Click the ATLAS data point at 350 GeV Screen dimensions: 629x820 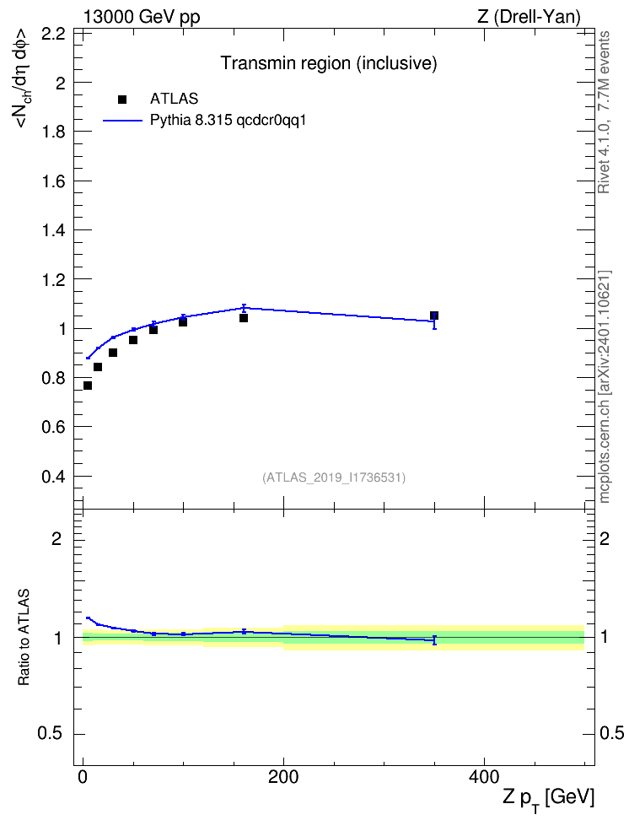point(434,316)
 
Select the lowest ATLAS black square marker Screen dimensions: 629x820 point(88,386)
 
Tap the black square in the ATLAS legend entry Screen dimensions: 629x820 point(122,99)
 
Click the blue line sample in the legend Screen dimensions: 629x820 point(122,121)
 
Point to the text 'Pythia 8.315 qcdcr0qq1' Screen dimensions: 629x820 point(228,121)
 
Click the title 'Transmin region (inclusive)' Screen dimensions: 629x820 point(329,62)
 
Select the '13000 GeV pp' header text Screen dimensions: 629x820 point(142,17)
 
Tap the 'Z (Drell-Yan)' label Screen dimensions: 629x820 point(529,17)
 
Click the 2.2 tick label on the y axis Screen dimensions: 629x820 point(53,34)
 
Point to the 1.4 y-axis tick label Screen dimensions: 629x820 point(53,230)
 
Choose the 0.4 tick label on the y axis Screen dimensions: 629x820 point(53,477)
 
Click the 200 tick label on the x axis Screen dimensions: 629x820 point(283,777)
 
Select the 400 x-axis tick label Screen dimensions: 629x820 point(484,777)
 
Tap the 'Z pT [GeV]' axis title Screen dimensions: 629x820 point(549,799)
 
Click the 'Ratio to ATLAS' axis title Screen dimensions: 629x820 point(24,638)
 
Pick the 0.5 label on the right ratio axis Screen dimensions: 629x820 point(611,734)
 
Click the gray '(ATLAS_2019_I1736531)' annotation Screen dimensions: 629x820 point(334,477)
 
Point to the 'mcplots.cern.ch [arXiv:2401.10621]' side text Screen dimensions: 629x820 point(605,387)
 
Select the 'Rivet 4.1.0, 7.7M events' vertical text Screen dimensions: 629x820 point(604,112)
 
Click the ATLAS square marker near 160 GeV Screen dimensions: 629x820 point(243,318)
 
